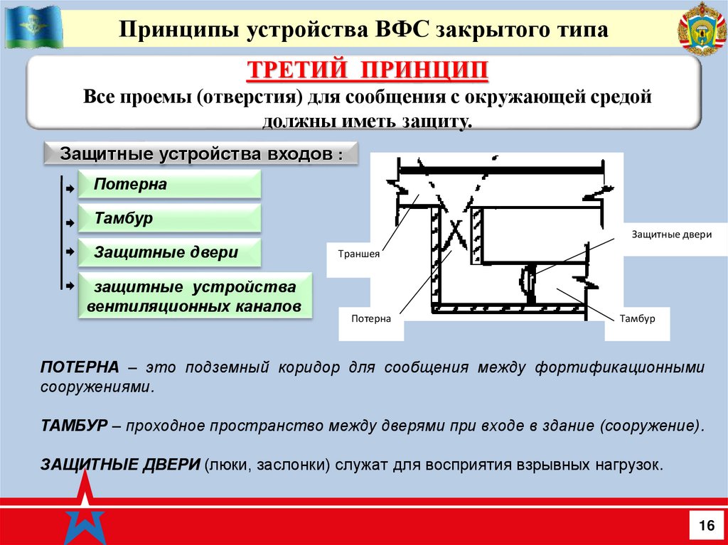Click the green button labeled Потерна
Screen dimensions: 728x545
(x=169, y=185)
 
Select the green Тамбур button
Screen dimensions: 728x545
(x=169, y=219)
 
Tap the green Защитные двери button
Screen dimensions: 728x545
(x=169, y=253)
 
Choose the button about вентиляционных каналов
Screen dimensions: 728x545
(x=195, y=297)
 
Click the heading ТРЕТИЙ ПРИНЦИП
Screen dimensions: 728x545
(x=368, y=72)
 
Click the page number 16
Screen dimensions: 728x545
(x=706, y=526)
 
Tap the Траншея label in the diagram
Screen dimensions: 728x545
(x=358, y=252)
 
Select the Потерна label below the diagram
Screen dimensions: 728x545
(x=371, y=319)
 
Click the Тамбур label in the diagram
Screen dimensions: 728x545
(x=637, y=319)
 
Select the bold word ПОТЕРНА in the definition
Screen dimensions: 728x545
(x=80, y=367)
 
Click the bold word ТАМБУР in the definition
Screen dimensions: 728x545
(x=74, y=426)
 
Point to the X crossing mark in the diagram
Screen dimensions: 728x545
(x=457, y=231)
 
